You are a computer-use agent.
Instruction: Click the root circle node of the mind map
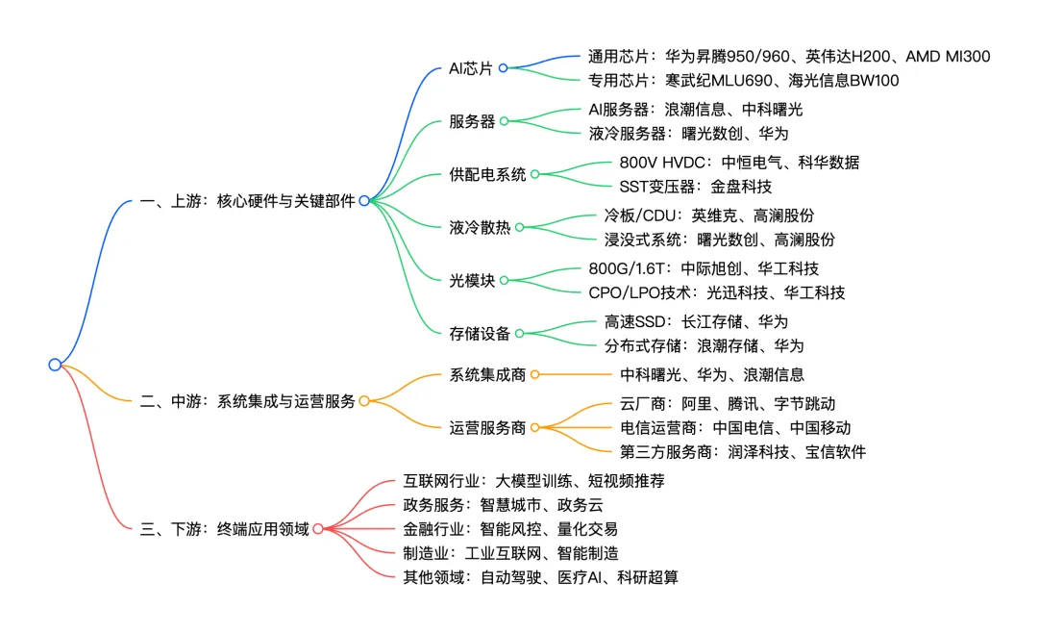click(55, 365)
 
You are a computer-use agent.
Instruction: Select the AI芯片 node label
click(471, 68)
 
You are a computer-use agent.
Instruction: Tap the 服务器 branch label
click(472, 121)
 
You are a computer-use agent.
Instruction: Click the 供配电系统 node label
click(487, 174)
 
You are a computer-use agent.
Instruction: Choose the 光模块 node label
click(472, 280)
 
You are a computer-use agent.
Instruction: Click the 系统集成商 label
click(487, 374)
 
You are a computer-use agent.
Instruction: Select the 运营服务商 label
click(487, 427)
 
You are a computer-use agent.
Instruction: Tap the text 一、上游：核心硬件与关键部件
click(247, 201)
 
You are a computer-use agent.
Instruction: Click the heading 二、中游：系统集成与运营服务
click(247, 401)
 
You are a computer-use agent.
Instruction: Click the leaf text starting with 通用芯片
click(788, 57)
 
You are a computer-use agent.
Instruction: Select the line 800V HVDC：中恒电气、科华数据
click(739, 163)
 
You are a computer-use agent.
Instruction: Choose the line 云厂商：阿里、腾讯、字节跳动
click(728, 404)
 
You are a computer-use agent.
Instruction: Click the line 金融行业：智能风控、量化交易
click(509, 529)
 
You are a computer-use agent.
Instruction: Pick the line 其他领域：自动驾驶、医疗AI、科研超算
click(540, 577)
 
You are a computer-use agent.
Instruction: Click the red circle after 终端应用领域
click(318, 528)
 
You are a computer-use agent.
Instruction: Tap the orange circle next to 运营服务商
click(534, 427)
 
